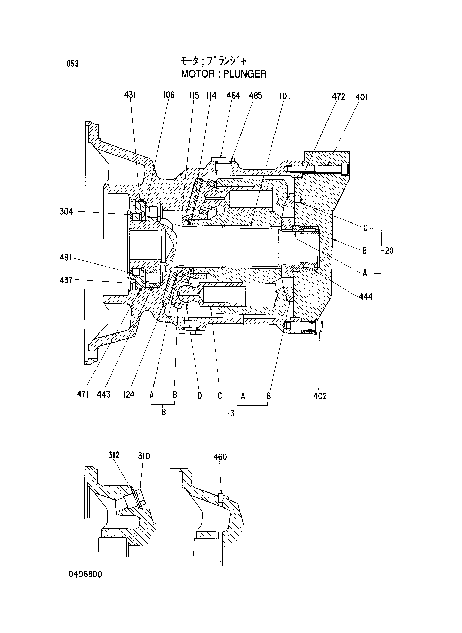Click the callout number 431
click(130, 95)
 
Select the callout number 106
click(169, 95)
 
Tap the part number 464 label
click(233, 96)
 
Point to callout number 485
click(255, 96)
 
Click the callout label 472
click(339, 97)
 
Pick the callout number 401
click(361, 97)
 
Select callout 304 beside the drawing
click(66, 212)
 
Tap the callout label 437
click(66, 280)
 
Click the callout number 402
click(320, 396)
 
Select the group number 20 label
click(389, 251)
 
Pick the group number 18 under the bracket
click(163, 412)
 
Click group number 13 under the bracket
click(231, 413)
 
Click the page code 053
click(73, 64)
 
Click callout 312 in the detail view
click(114, 455)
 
